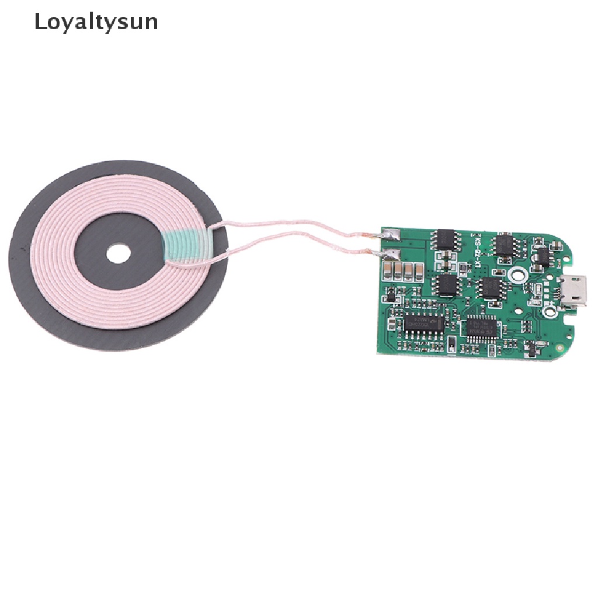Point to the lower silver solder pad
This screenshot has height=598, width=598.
[390, 254]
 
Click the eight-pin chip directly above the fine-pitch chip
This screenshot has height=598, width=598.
[488, 288]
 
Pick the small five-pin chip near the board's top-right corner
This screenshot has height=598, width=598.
[541, 256]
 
